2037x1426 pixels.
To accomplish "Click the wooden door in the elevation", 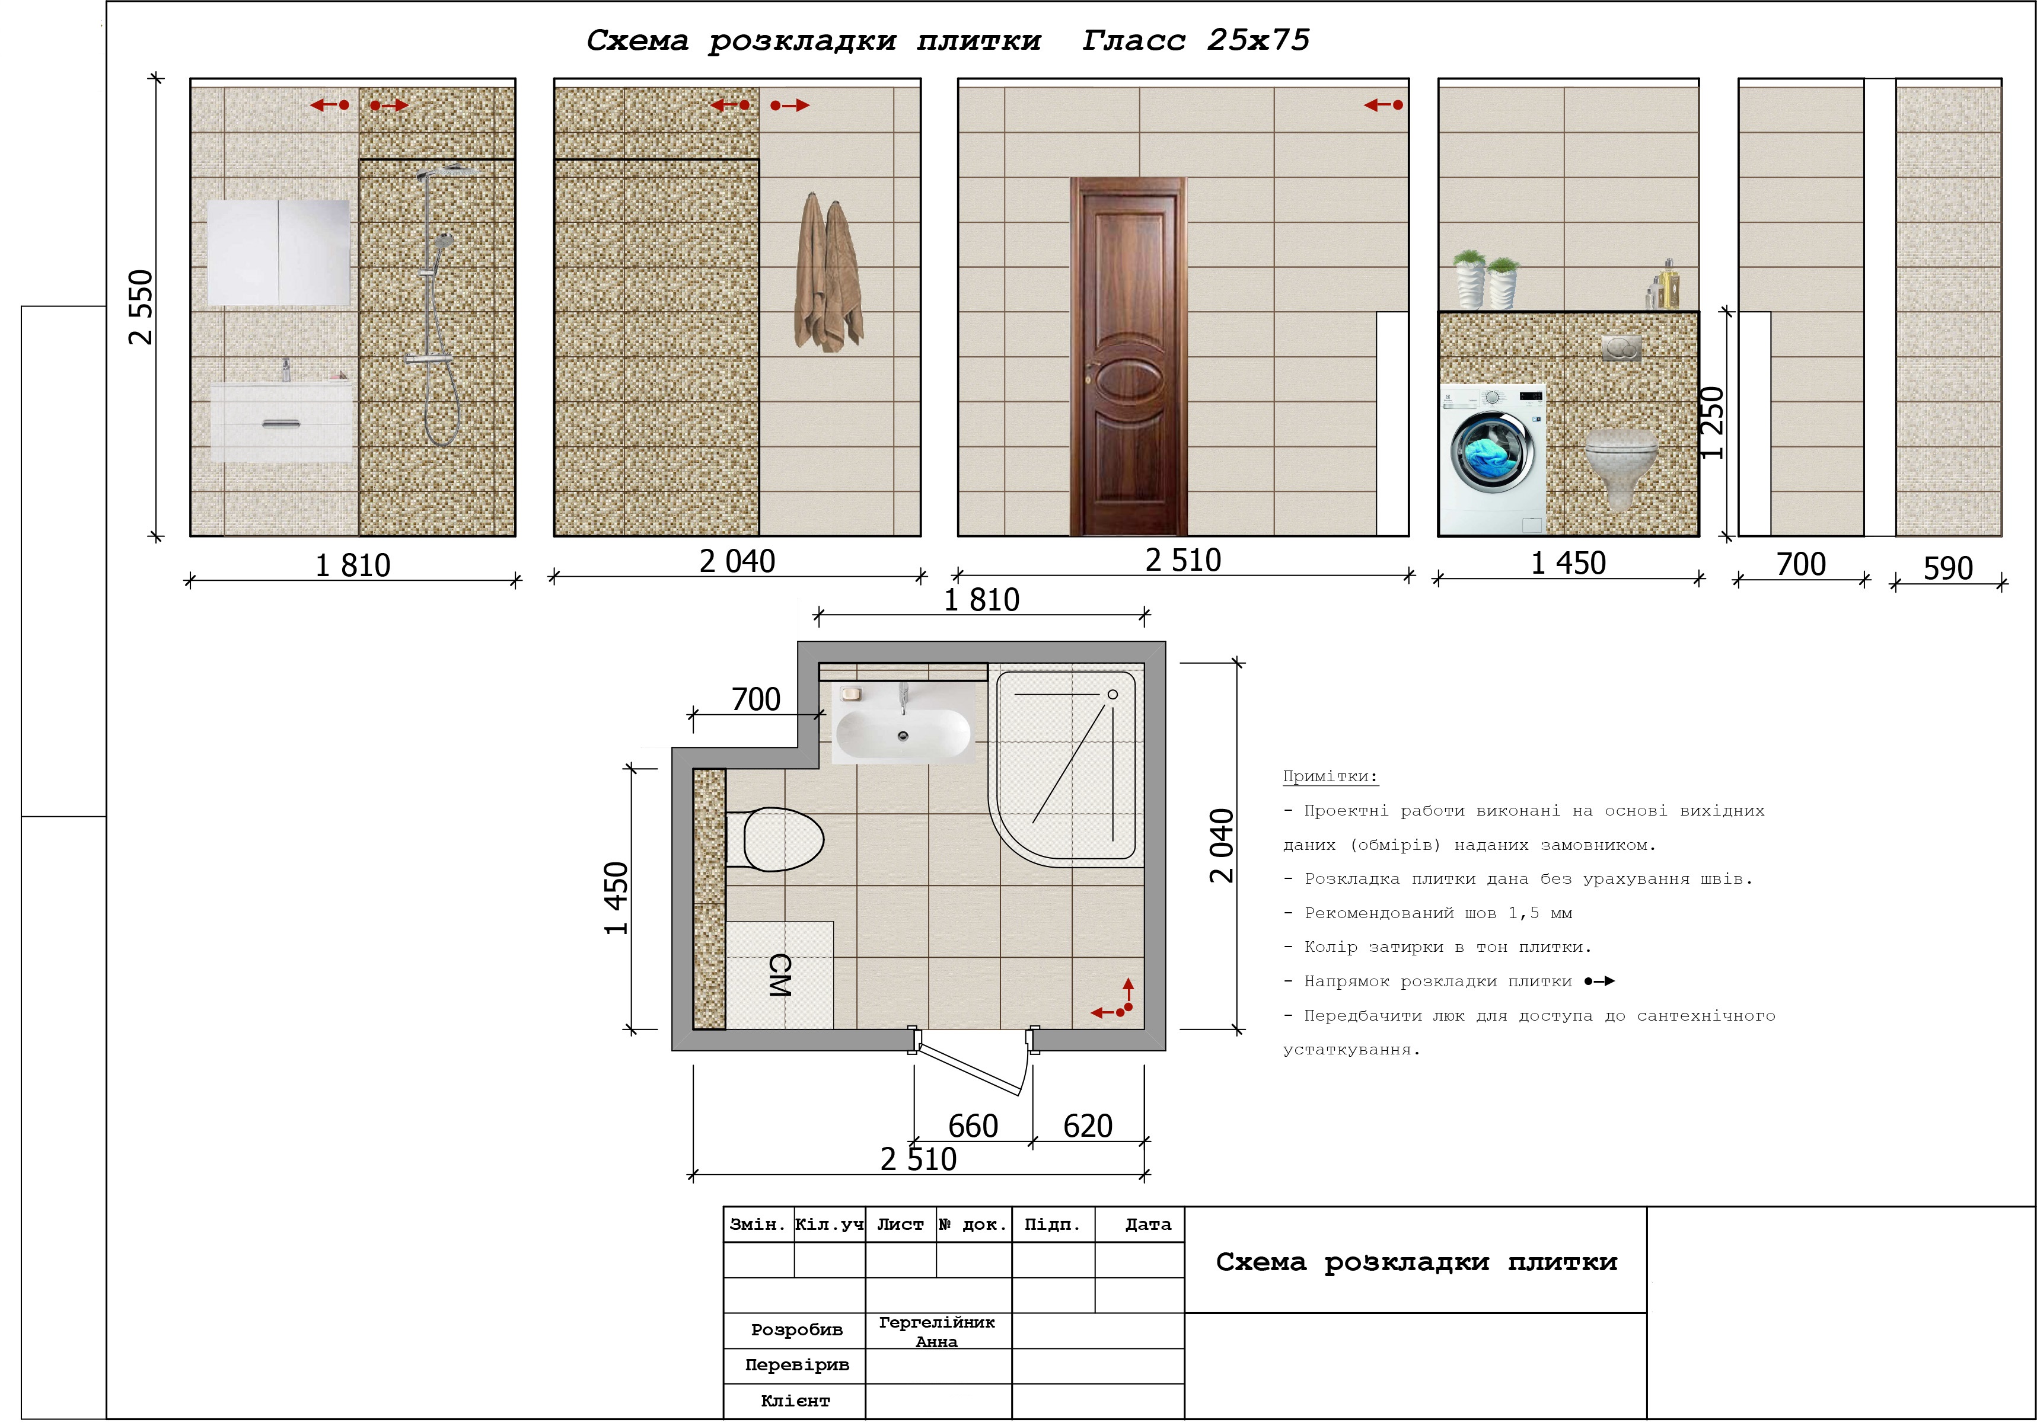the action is (x=1128, y=357).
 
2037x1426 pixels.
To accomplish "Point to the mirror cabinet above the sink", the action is (x=279, y=252).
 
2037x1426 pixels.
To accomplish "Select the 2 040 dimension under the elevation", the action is (x=737, y=561).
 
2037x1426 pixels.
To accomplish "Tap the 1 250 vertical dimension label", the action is (x=1711, y=423).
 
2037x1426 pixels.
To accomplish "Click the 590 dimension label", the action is (x=1947, y=568).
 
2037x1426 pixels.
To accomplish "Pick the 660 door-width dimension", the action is (x=973, y=1126).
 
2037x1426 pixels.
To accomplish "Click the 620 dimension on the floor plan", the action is (x=1088, y=1126).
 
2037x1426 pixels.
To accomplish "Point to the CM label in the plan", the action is (x=779, y=976).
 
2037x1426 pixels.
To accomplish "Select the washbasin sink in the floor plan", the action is (x=903, y=731).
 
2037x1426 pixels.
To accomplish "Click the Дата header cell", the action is (x=1148, y=1224).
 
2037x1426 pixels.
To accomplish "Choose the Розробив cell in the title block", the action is (x=796, y=1330).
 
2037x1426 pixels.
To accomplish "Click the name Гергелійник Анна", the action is (x=937, y=1332).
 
